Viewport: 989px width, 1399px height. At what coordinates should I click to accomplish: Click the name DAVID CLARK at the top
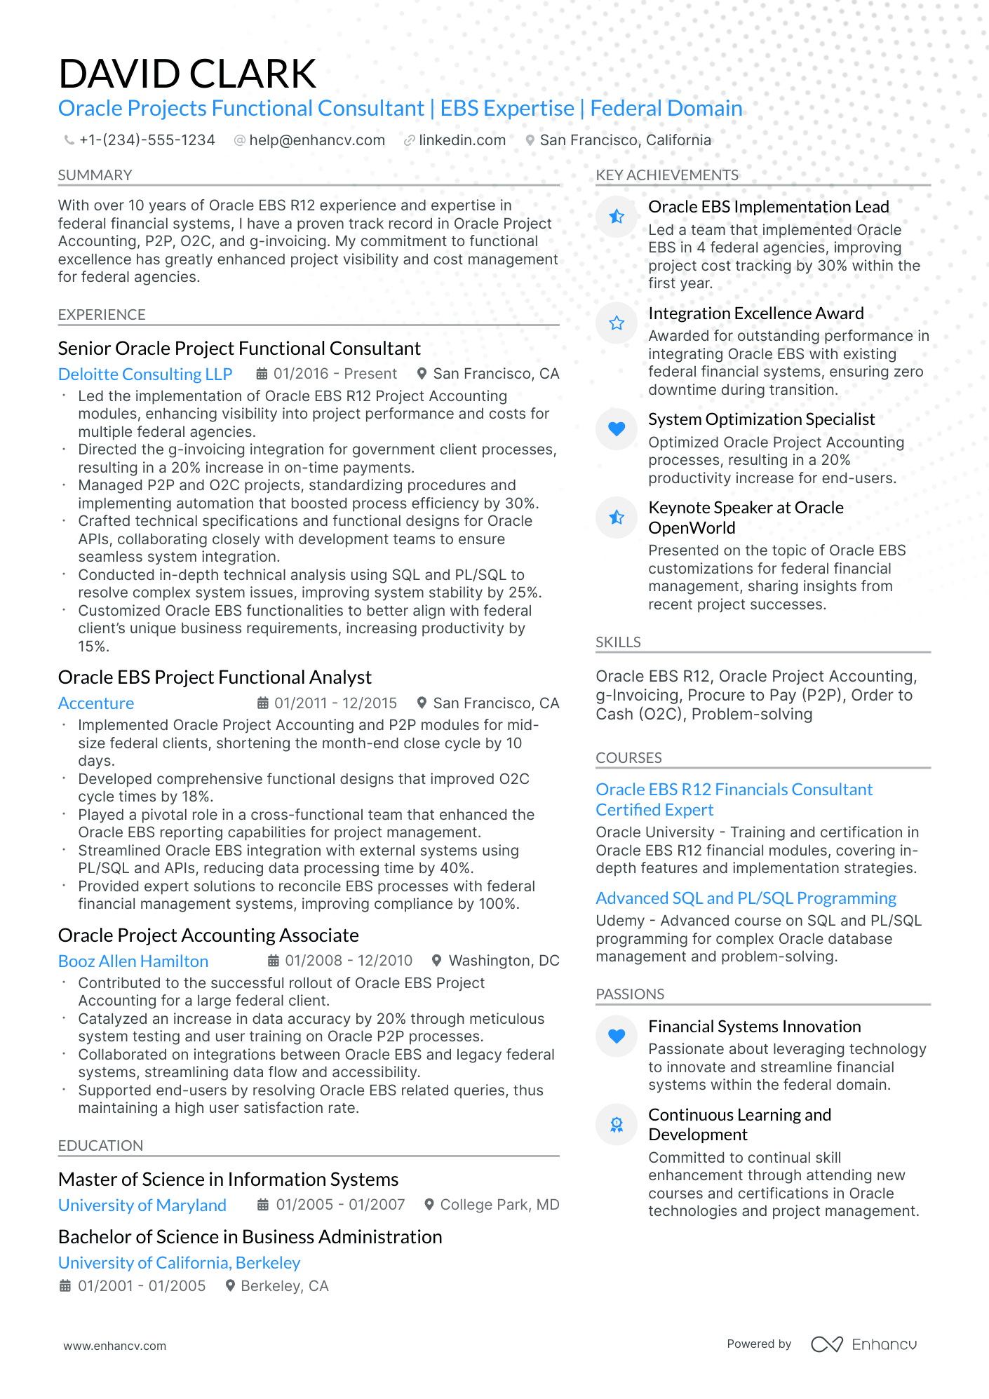tap(187, 74)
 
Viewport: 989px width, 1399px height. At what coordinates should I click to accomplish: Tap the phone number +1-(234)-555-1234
tap(147, 140)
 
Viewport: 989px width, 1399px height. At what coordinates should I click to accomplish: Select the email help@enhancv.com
tap(317, 140)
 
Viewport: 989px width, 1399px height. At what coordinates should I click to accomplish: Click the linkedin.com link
tap(462, 140)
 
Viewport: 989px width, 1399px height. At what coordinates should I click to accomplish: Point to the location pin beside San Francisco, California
tap(530, 141)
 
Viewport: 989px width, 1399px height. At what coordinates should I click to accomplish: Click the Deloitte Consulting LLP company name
tap(145, 374)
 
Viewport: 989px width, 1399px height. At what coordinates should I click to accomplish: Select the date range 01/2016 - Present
tap(335, 374)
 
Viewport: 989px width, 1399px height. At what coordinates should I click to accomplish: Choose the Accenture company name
tap(96, 703)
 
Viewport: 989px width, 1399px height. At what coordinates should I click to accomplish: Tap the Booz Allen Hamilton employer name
tap(133, 961)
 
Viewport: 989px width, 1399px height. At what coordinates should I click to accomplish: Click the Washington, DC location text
tap(504, 961)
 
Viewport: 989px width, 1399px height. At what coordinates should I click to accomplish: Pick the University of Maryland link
tap(142, 1205)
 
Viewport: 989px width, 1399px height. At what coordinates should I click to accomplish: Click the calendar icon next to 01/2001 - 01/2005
tap(65, 1286)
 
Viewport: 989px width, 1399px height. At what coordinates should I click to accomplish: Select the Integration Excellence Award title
tap(755, 313)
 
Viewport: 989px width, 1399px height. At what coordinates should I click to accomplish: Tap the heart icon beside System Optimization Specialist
tap(617, 428)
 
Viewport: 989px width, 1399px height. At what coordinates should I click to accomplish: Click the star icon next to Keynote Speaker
tap(617, 518)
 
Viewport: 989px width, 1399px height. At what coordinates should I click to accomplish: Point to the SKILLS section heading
tap(618, 642)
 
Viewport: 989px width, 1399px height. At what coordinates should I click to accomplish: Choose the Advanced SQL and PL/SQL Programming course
tap(746, 898)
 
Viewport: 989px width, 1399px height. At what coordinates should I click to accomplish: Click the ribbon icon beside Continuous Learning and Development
tap(617, 1125)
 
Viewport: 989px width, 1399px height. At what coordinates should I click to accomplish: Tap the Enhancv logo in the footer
tap(863, 1344)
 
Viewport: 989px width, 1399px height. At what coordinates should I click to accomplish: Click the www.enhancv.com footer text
tap(115, 1346)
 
